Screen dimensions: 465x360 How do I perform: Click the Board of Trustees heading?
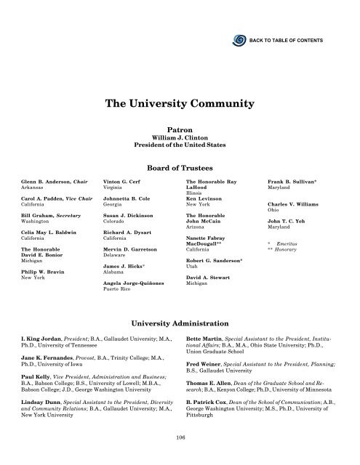179,166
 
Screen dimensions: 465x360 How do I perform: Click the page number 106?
180,436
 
